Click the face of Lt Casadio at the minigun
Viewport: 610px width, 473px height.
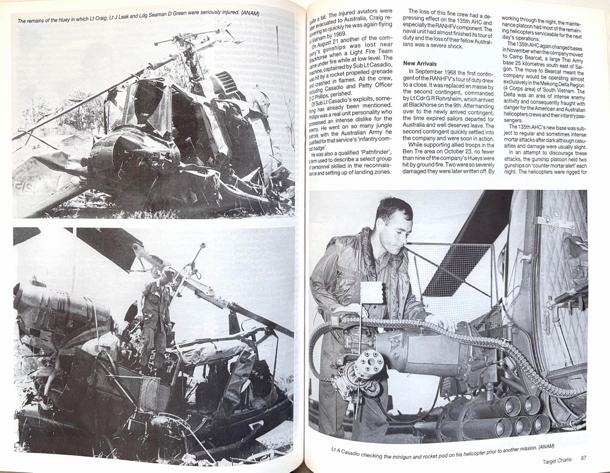click(x=394, y=220)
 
